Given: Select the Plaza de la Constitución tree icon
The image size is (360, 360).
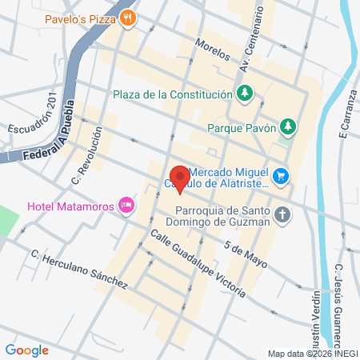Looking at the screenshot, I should [x=244, y=94].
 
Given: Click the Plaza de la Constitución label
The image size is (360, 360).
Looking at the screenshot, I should [x=172, y=94].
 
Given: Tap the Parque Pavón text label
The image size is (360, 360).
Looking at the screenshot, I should [x=241, y=126].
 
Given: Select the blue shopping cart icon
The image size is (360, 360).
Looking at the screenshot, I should [x=280, y=174].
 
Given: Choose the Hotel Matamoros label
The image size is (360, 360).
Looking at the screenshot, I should [x=70, y=206].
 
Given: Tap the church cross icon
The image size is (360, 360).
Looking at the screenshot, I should [x=282, y=214].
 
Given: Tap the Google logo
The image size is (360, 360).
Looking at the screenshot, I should [x=26, y=350].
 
